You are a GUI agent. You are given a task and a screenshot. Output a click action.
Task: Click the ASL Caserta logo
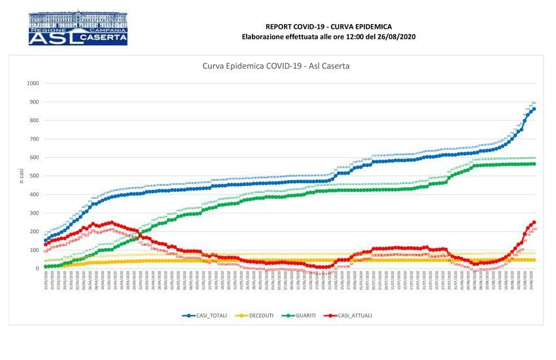click(x=78, y=27)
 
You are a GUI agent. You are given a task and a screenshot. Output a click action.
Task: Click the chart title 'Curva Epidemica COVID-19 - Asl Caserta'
click(x=278, y=66)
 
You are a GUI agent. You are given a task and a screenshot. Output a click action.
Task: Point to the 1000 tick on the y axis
click(x=33, y=84)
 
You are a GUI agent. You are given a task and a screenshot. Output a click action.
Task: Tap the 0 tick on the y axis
click(x=37, y=268)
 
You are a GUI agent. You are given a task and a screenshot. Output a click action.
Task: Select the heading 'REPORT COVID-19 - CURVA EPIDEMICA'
click(x=328, y=26)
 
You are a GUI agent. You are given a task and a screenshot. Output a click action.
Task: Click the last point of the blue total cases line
click(x=534, y=108)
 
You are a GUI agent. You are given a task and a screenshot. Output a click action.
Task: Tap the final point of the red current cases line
click(x=534, y=223)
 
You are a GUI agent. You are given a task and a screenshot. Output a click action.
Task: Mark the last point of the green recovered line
click(x=534, y=164)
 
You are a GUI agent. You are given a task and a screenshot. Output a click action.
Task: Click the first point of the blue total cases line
click(x=45, y=240)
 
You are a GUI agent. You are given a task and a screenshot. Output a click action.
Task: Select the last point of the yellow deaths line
click(x=534, y=260)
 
